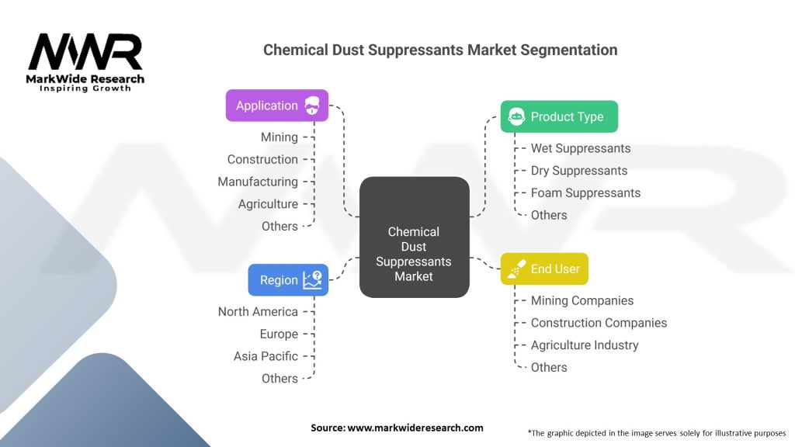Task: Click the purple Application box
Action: pos(277,106)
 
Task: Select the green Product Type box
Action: pos(559,116)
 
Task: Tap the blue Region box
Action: pos(288,279)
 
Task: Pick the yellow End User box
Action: pos(544,269)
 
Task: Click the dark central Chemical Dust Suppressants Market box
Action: pos(415,237)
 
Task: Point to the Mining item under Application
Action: pos(279,137)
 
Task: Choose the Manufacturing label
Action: pos(258,182)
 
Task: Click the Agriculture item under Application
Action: pos(268,204)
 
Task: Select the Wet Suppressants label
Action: pos(581,148)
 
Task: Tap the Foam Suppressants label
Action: pos(585,193)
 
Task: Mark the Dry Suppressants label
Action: pos(579,171)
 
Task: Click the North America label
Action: pos(258,312)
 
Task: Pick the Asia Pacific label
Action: pos(266,356)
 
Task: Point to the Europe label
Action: pos(279,334)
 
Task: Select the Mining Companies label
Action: pos(582,300)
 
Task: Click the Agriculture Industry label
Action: pos(585,345)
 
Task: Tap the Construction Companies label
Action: pos(599,323)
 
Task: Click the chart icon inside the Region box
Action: pos(312,279)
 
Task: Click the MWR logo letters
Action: pos(85,52)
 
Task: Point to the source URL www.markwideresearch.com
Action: pos(415,428)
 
